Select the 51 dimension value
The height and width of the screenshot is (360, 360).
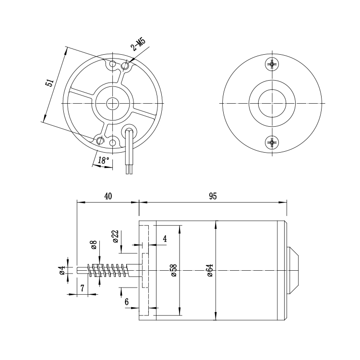click(x=49, y=83)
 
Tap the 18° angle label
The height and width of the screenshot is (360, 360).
click(x=104, y=160)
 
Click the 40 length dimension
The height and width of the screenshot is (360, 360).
click(x=108, y=196)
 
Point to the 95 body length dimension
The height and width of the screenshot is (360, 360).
click(x=213, y=196)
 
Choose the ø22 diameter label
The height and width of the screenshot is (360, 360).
click(x=116, y=236)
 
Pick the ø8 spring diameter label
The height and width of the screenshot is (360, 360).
click(x=94, y=245)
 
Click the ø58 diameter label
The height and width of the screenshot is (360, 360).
click(x=174, y=270)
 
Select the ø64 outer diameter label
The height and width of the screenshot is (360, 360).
click(x=210, y=270)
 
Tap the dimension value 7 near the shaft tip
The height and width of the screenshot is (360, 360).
click(x=83, y=288)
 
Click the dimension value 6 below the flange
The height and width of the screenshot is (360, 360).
click(x=127, y=302)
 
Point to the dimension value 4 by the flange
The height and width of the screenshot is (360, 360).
click(x=165, y=239)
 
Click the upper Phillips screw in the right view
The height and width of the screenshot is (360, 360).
click(x=272, y=64)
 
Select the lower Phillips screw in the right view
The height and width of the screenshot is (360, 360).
click(x=272, y=143)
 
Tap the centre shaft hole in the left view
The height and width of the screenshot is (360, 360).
click(x=112, y=103)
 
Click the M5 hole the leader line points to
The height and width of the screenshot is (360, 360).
click(x=125, y=66)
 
